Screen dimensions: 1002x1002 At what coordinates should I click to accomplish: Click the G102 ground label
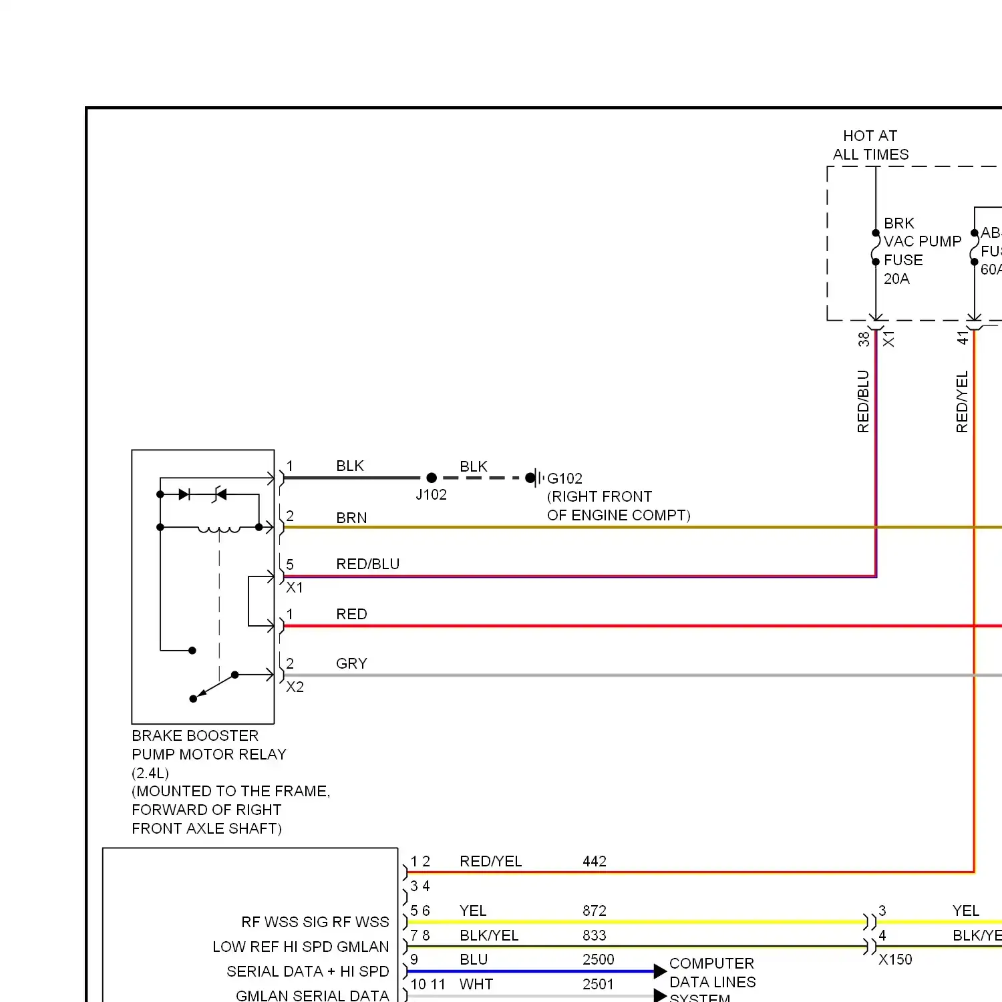click(564, 478)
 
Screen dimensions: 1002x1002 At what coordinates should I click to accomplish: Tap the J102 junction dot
click(432, 478)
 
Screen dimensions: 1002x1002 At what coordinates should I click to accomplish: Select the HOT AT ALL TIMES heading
click(870, 145)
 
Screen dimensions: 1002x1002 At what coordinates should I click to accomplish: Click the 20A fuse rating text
click(896, 279)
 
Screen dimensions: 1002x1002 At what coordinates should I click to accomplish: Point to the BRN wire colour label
click(351, 518)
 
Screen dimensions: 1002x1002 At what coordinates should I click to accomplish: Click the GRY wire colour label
click(351, 663)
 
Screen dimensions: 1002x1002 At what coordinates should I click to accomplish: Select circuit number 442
click(594, 861)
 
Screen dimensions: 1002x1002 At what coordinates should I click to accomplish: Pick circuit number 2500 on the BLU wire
click(598, 959)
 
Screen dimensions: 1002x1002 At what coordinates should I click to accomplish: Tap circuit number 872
click(594, 910)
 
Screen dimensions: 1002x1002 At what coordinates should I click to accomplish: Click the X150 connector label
click(895, 959)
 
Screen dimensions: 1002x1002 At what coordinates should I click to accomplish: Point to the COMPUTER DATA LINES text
click(712, 973)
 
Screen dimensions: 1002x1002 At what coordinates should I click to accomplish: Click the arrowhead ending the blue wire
click(660, 971)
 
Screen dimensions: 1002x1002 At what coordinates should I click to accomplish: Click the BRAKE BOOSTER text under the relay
click(195, 735)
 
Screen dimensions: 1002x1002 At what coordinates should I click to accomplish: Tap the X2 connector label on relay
click(295, 687)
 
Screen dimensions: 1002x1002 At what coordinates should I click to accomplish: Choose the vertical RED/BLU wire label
click(863, 401)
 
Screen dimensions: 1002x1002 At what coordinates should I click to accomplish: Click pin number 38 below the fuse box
click(864, 339)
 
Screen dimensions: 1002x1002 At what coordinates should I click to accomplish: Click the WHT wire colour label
click(476, 984)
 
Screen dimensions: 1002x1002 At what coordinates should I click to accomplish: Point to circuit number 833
click(594, 935)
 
